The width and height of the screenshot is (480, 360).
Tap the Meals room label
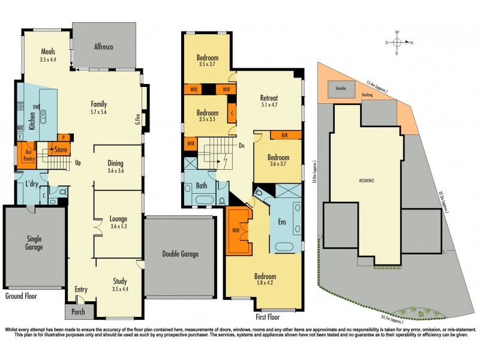tap(49, 51)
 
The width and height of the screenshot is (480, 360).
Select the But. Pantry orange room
tap(26, 153)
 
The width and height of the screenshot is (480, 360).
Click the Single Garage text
tap(34, 243)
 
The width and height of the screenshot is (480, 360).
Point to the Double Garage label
tap(180, 254)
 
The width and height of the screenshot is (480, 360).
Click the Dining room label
tap(116, 163)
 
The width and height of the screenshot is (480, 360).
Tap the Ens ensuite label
tap(282, 221)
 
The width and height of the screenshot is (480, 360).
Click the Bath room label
tap(202, 186)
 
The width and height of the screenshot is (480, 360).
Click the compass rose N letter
tap(411, 43)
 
